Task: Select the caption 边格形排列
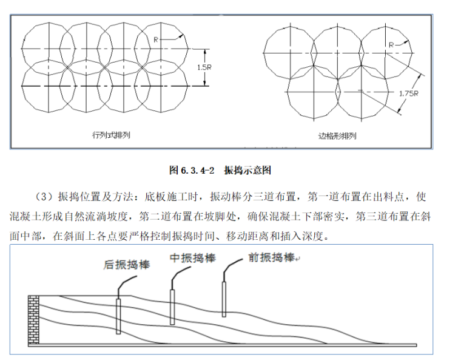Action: (x=337, y=136)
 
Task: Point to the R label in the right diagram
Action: (x=392, y=44)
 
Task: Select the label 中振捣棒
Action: (x=193, y=257)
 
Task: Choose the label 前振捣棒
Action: (x=271, y=257)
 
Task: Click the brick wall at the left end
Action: (x=34, y=319)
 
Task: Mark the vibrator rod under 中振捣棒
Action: (x=172, y=307)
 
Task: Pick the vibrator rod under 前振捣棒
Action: (x=224, y=298)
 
